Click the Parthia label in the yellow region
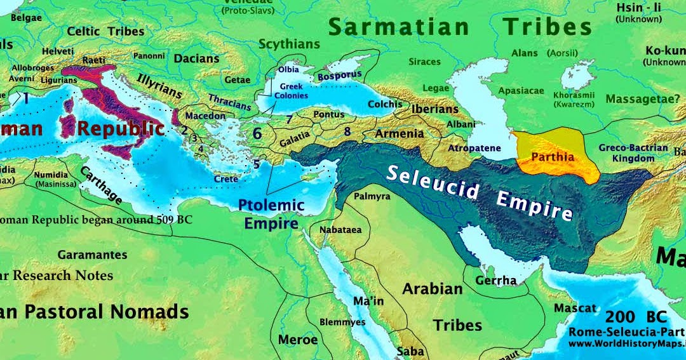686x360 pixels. (553, 157)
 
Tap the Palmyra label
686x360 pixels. (372, 196)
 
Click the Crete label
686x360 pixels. (225, 179)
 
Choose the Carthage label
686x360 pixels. (101, 185)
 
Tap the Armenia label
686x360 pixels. (399, 133)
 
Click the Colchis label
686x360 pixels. (385, 104)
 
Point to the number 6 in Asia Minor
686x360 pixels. (257, 133)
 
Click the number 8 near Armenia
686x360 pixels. (347, 131)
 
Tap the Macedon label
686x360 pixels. (205, 116)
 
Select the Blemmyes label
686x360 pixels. (342, 322)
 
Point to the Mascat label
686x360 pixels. (575, 308)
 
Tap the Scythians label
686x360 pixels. (289, 44)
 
